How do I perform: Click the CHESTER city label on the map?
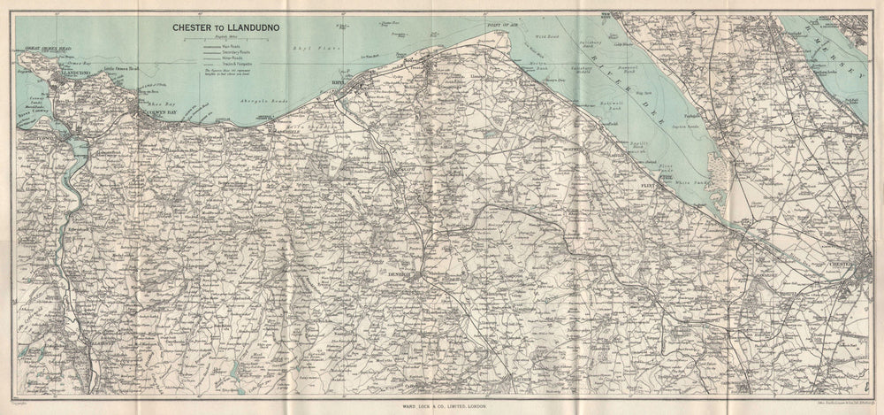(x=844, y=264)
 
